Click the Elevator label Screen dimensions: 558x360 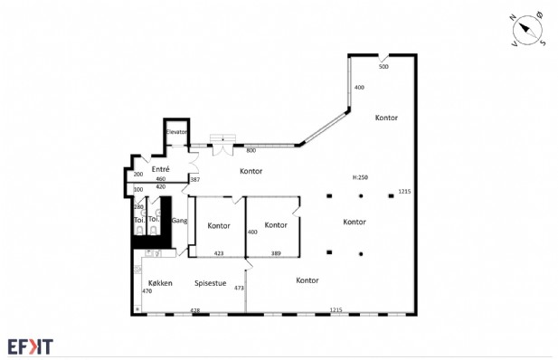tap(176, 132)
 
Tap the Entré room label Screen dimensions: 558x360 tap(160, 169)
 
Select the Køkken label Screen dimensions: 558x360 tap(160, 283)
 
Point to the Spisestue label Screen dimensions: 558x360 tap(211, 283)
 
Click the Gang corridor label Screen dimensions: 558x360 tap(179, 221)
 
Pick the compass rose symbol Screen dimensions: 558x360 tap(528, 31)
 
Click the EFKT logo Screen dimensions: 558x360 tap(31, 346)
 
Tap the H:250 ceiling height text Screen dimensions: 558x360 tap(360, 177)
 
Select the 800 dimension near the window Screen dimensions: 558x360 tap(251, 151)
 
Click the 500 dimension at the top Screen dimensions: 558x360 tap(383, 67)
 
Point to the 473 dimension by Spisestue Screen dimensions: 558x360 tap(239, 288)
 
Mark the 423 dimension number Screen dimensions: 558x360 tap(219, 253)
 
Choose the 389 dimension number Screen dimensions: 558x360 tap(276, 253)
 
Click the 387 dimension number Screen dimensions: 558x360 tap(195, 179)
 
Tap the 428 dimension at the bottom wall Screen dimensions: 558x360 tap(195, 310)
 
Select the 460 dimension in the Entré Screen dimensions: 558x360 tap(161, 179)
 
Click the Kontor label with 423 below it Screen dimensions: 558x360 tap(219, 226)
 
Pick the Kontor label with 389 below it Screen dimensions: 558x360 tap(276, 225)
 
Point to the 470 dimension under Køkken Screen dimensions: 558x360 tap(147, 291)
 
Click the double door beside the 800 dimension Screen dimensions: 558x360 tap(223, 149)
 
